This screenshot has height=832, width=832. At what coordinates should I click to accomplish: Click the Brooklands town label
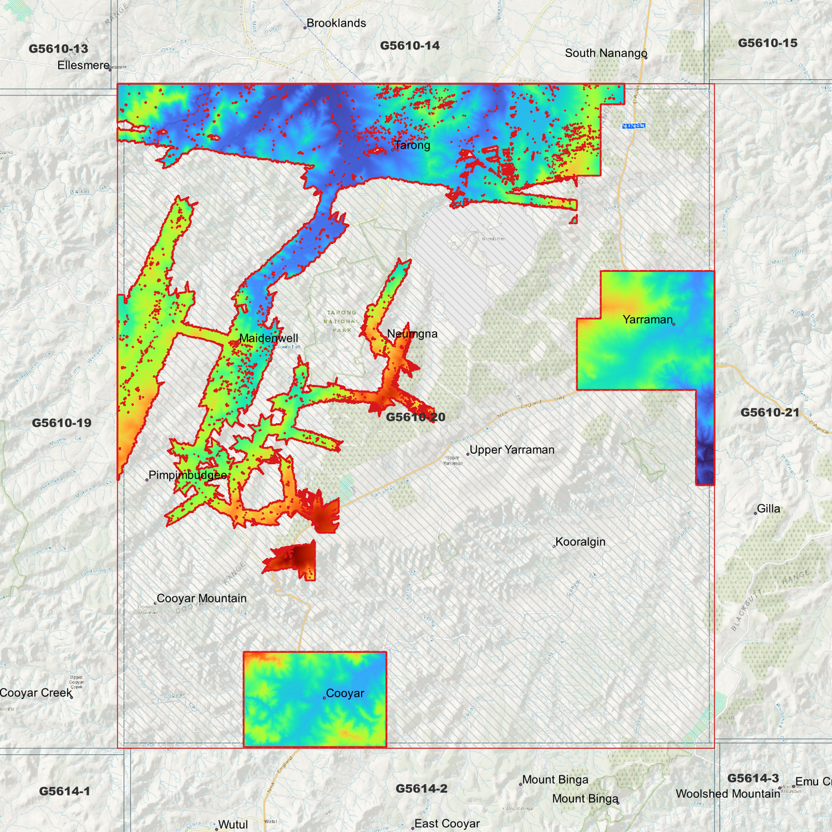336,24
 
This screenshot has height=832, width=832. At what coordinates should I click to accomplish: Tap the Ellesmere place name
83,66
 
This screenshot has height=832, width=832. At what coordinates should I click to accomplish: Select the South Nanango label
606,54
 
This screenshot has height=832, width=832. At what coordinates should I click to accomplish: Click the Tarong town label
412,146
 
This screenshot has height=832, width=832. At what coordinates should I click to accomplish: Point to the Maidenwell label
268,339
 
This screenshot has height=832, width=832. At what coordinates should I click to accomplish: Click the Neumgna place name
412,334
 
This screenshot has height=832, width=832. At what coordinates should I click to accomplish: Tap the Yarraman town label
647,320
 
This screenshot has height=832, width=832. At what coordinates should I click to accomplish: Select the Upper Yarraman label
512,450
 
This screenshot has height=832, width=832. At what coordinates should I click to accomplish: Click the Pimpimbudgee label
188,476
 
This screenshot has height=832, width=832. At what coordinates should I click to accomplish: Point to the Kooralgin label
580,542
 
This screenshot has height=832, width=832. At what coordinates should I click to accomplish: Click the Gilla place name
769,509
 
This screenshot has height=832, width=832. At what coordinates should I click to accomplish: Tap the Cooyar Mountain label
202,599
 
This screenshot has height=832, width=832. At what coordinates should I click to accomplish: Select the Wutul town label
233,825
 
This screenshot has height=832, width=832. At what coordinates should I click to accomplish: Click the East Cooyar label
447,824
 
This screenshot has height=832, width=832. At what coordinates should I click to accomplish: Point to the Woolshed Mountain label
728,794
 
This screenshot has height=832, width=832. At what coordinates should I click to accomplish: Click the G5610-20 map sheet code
415,417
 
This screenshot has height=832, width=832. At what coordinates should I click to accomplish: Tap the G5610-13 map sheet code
59,49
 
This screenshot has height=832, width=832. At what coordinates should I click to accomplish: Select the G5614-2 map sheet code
421,789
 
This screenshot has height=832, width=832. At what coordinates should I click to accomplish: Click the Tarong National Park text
341,321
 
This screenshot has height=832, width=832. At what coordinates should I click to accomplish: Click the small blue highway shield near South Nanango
633,126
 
